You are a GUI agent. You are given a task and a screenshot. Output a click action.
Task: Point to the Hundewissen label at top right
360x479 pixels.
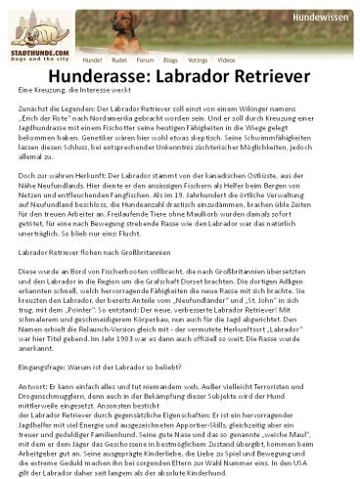[322, 17]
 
